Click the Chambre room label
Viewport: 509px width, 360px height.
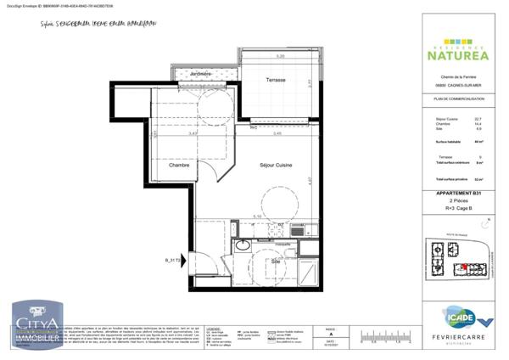click(178, 165)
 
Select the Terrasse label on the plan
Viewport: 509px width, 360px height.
click(273, 81)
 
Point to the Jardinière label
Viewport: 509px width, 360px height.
click(200, 75)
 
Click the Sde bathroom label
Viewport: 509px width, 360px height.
click(275, 262)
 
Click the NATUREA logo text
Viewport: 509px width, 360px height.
click(456, 56)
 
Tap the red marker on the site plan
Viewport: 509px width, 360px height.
click(465, 267)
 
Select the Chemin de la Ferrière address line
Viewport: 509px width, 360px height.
click(457, 78)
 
